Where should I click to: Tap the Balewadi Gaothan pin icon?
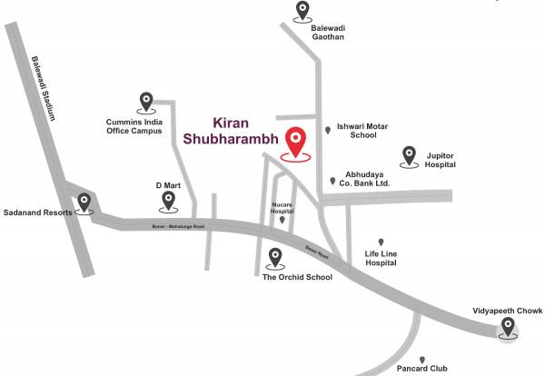[303, 11]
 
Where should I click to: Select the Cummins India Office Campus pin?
[145, 102]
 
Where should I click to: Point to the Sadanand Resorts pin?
[85, 203]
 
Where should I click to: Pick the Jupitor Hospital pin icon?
[410, 155]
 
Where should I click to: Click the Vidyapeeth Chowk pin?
[510, 326]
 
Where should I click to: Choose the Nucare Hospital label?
[282, 207]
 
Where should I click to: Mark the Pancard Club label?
[422, 369]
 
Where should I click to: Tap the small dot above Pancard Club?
[422, 358]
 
